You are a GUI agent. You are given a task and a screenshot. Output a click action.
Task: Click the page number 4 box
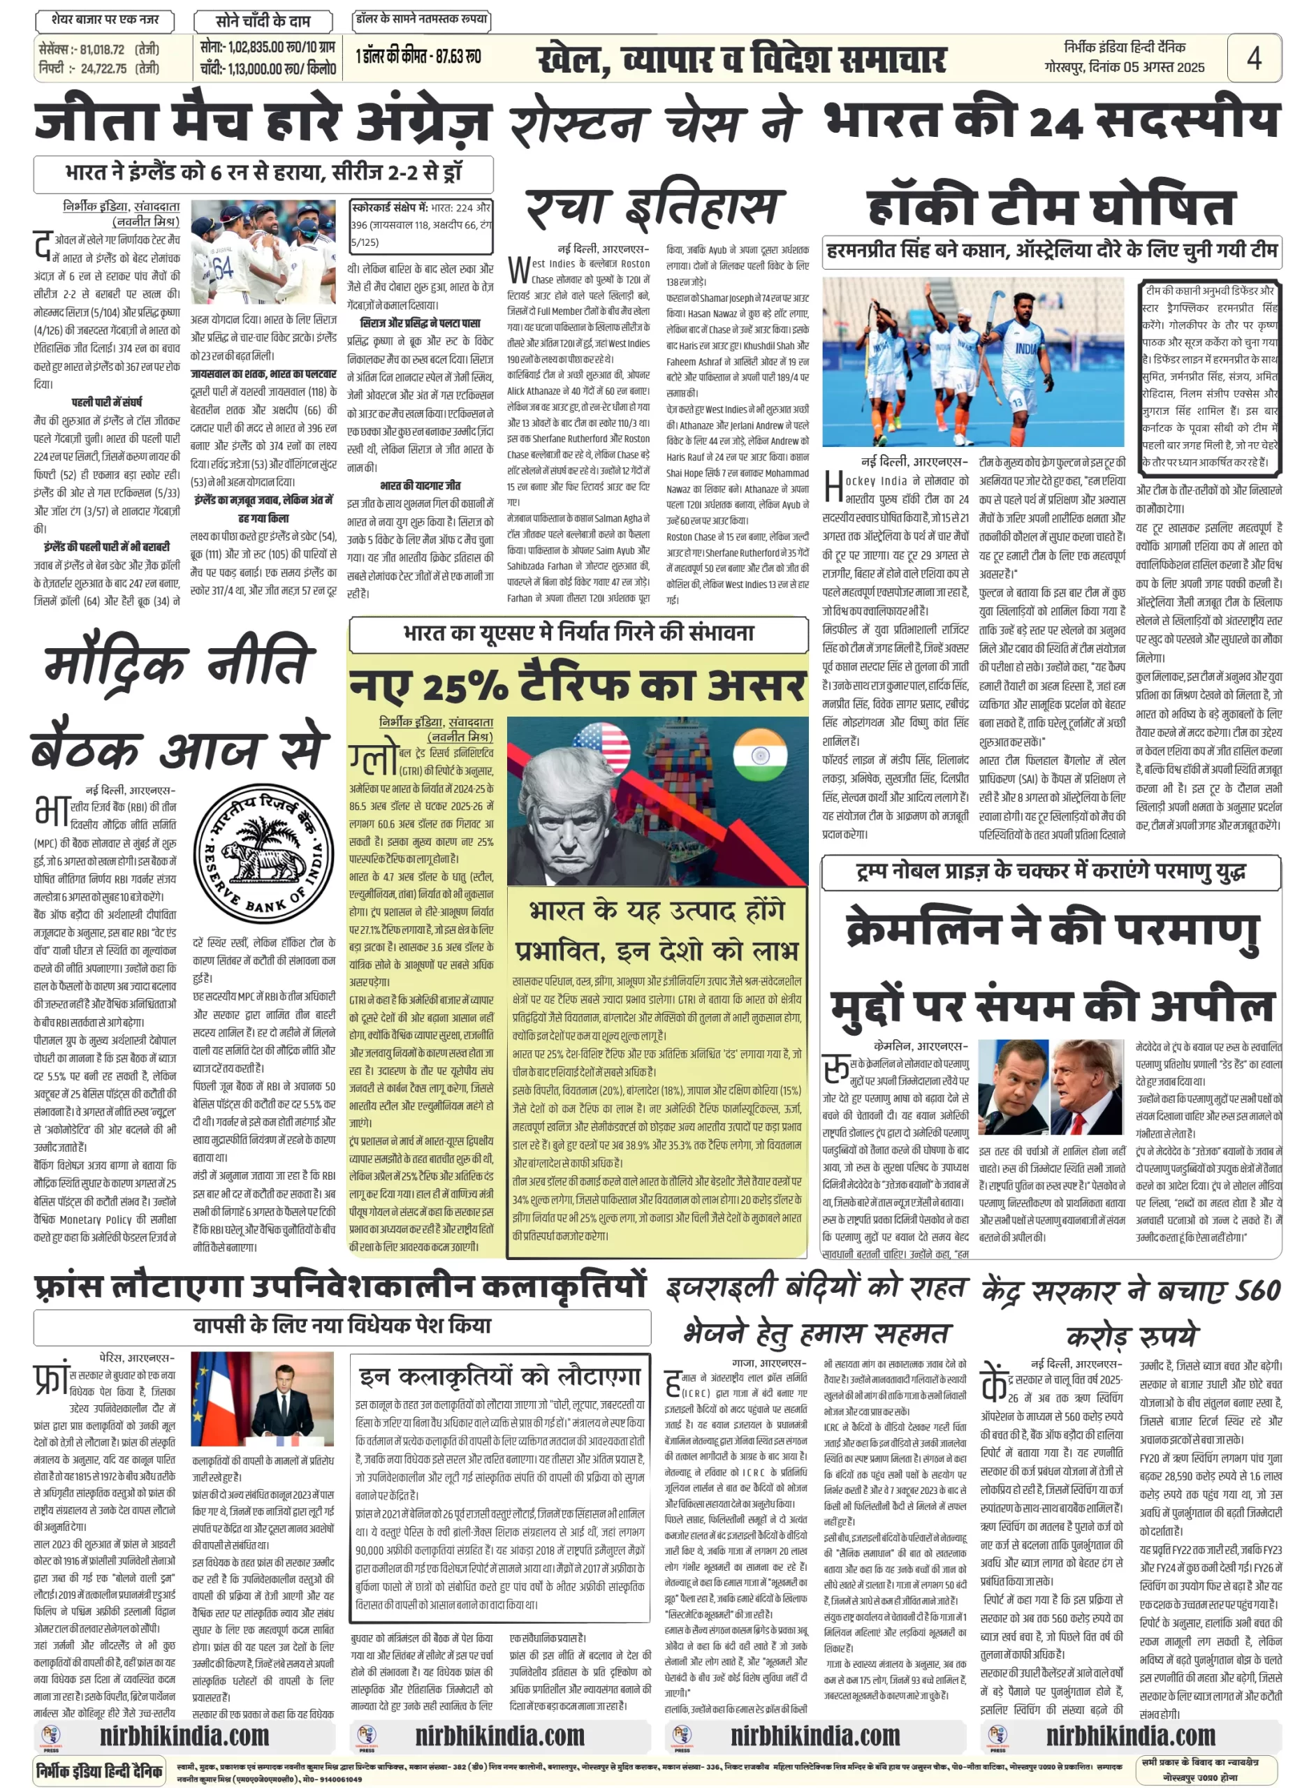pos(1253,58)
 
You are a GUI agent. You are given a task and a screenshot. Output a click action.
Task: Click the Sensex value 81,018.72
pos(102,50)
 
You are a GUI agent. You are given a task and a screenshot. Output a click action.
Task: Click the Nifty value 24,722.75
pos(103,69)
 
